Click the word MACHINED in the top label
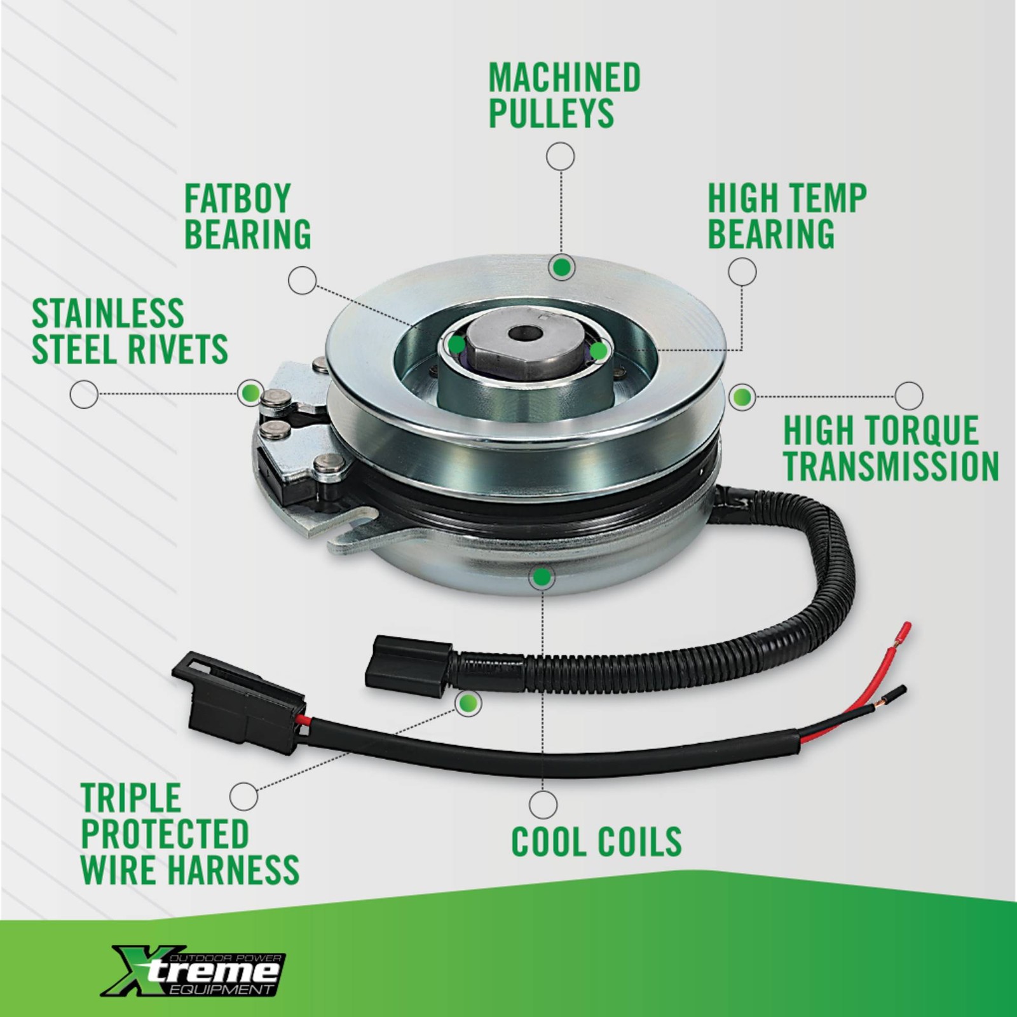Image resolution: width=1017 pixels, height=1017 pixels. pos(564,78)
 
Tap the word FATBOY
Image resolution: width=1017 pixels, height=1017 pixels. pos(238,198)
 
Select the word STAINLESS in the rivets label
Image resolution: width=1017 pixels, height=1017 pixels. pos(108,313)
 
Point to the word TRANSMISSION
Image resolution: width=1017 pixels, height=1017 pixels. pos(891,467)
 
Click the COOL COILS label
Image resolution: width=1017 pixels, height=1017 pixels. pos(596,842)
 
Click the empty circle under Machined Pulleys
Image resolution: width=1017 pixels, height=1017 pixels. pos(561,156)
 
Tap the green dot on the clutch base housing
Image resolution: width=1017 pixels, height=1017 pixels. pos(542,577)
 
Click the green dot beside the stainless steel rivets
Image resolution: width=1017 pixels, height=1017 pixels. pos(250,392)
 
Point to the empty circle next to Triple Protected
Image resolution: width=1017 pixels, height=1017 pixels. pos(243,796)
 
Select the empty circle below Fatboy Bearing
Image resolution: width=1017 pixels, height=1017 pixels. pos(302,280)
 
